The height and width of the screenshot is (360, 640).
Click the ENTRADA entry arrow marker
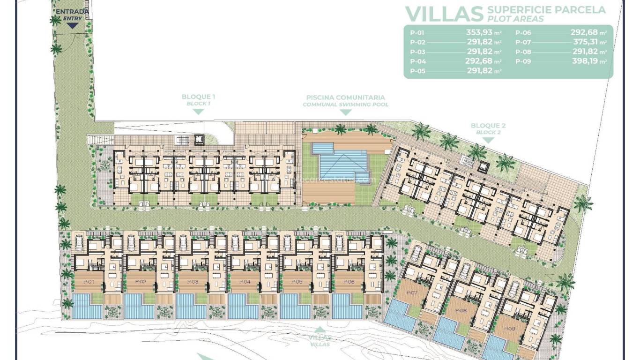72,26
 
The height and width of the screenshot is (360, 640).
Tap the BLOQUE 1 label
198,97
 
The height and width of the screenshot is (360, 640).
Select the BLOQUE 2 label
488,126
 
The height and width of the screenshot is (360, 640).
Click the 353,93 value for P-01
481,33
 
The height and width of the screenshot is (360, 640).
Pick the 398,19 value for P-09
586,61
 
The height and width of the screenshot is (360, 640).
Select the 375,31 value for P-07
586,42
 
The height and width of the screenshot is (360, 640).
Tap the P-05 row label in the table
417,71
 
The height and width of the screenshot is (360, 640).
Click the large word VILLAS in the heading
444,14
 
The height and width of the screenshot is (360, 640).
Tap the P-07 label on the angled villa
411,293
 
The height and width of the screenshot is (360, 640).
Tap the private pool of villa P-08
448,333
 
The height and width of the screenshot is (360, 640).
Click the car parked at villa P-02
131,242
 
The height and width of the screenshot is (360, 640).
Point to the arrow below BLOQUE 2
488,140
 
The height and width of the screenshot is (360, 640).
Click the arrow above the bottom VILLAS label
320,330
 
